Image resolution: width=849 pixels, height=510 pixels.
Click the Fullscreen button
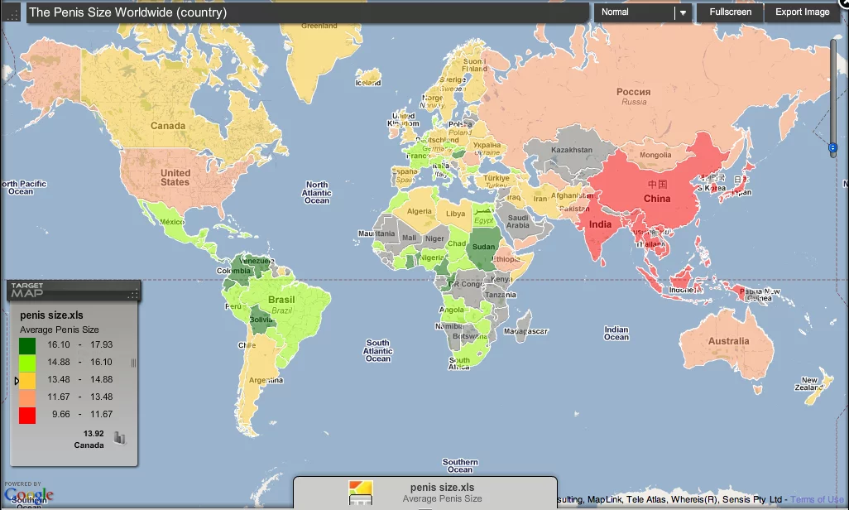point(731,12)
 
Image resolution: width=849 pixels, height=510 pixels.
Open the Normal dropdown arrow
point(683,12)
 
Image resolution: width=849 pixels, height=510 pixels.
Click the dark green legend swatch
point(27,344)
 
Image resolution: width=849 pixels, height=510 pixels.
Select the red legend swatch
point(27,414)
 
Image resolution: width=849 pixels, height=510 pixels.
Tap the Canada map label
point(168,126)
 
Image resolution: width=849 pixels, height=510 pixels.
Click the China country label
point(657,199)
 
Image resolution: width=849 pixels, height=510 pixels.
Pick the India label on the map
point(601,224)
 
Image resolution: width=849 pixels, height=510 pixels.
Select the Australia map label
point(728,341)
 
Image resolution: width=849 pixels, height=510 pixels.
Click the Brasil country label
point(281,300)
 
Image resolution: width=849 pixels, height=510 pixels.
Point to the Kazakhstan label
point(572,150)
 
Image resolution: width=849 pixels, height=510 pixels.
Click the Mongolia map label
point(656,156)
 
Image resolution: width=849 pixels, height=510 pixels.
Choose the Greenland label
point(319,26)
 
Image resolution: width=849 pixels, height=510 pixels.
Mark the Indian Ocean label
point(616,333)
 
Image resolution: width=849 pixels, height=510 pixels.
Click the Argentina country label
point(266,380)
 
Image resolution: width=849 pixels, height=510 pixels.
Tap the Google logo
point(29,494)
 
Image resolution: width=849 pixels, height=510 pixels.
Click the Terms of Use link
point(818,499)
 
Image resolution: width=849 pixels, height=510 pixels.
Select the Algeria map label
point(420,211)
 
